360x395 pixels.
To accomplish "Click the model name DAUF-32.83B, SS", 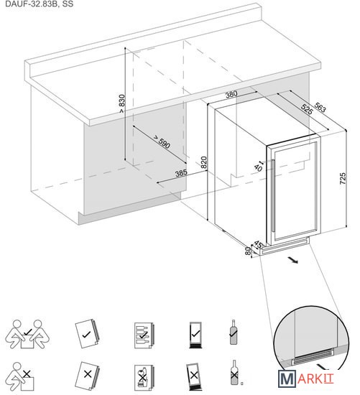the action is (x=40, y=4).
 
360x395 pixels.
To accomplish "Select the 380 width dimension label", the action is (x=231, y=94).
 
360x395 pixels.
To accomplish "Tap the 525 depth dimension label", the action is (x=307, y=108).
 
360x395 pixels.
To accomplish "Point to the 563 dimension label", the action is (x=320, y=107).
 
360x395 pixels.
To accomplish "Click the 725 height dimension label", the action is (x=343, y=179).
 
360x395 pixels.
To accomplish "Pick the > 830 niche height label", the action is (x=121, y=103).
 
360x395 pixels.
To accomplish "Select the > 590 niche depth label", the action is (x=162, y=141).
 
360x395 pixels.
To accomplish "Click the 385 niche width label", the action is (x=181, y=173).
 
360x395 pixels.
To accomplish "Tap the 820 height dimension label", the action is (x=204, y=162).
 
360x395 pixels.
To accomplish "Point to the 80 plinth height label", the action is (x=249, y=251).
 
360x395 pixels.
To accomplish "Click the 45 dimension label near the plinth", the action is (x=258, y=244).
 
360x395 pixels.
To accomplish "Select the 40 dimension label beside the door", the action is (x=258, y=168).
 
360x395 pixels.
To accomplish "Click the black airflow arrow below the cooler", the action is (x=293, y=260).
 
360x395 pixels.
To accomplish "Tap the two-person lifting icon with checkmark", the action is (x=27, y=334).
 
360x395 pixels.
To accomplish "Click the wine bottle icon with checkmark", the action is (x=234, y=332).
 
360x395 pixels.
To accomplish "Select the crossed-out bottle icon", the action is (x=234, y=372).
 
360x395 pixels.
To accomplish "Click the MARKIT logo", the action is (x=306, y=378).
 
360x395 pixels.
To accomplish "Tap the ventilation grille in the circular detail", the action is (x=313, y=357).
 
